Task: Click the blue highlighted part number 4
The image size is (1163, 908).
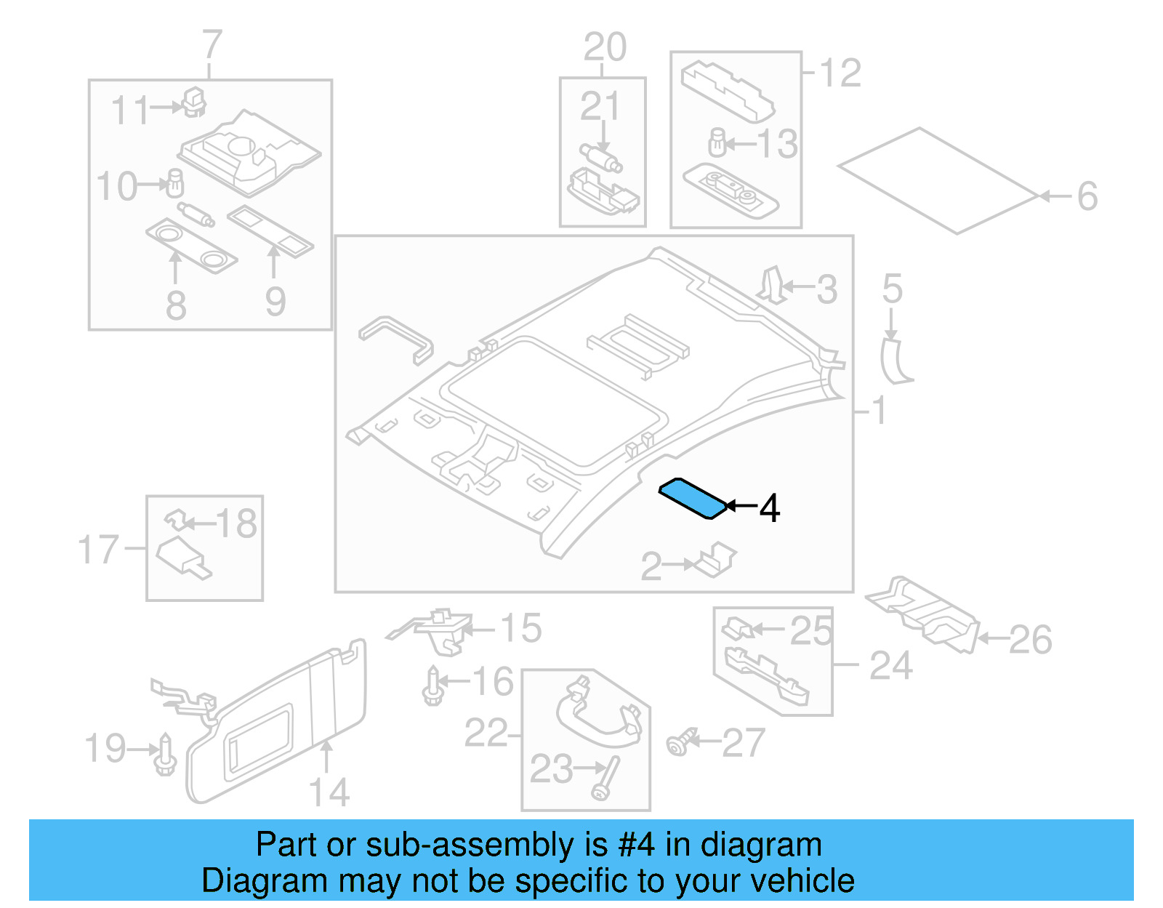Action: (692, 498)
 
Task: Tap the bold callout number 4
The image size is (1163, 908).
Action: (770, 508)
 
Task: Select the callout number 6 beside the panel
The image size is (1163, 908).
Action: (1087, 196)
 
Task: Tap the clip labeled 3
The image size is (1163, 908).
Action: (773, 285)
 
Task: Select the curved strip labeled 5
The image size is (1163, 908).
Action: (894, 361)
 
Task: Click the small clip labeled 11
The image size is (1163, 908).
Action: (193, 103)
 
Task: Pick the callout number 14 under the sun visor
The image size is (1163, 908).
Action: (329, 792)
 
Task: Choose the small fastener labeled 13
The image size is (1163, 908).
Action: (717, 142)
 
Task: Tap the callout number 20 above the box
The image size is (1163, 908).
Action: (604, 47)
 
